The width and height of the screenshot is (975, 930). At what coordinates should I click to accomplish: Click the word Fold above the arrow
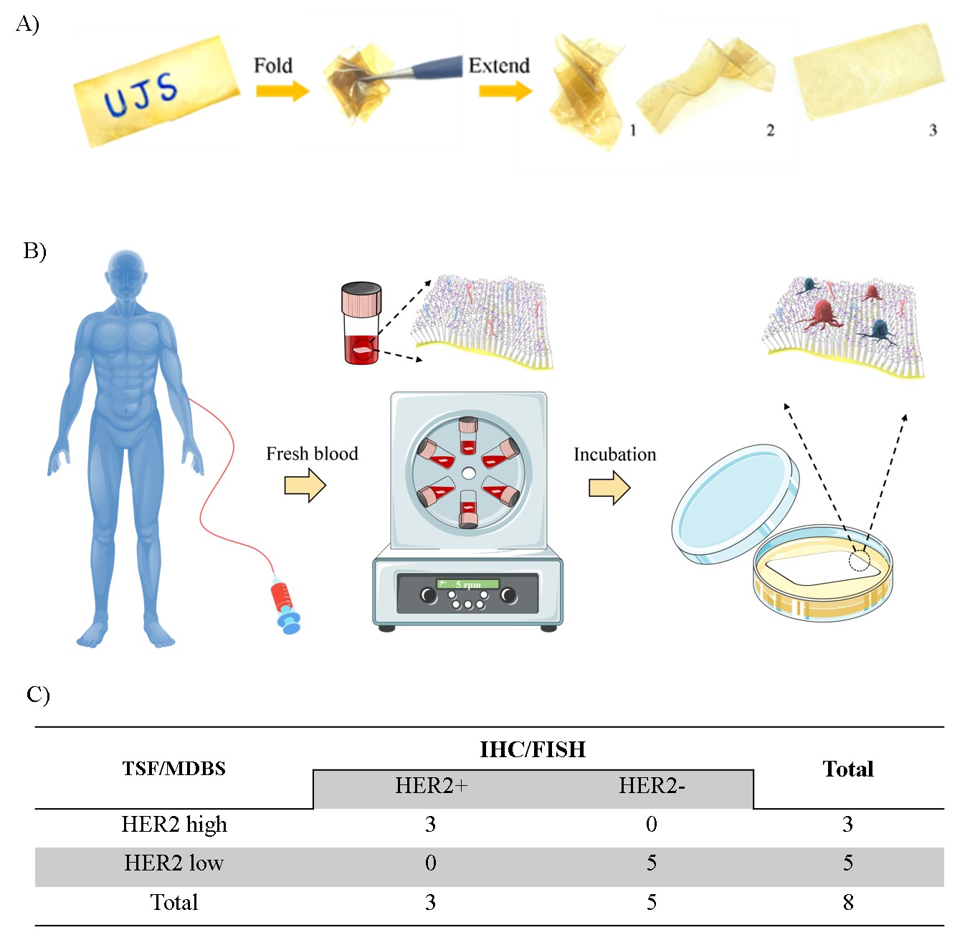pyautogui.click(x=273, y=66)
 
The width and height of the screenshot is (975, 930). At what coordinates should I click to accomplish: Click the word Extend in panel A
pyautogui.click(x=499, y=66)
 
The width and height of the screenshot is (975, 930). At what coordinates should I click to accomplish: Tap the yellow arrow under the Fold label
pyautogui.click(x=282, y=91)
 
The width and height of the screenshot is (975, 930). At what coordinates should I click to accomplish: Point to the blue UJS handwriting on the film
pyautogui.click(x=141, y=95)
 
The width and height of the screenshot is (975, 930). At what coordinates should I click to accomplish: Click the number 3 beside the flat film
pyautogui.click(x=933, y=131)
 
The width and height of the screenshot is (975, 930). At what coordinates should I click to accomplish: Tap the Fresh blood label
pyautogui.click(x=312, y=454)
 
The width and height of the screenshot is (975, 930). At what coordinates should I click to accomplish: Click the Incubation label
pyautogui.click(x=614, y=455)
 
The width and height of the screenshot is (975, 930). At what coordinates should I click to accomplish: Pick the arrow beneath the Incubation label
pyautogui.click(x=609, y=488)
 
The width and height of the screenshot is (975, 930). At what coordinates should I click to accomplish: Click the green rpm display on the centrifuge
pyautogui.click(x=468, y=584)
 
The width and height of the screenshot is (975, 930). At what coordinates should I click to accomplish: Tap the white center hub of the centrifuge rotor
pyautogui.click(x=468, y=473)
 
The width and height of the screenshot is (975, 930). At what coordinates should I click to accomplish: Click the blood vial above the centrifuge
pyautogui.click(x=362, y=323)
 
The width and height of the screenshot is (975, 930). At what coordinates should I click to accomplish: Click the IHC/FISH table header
pyautogui.click(x=533, y=750)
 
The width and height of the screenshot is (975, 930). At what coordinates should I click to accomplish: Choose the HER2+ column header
pyautogui.click(x=431, y=786)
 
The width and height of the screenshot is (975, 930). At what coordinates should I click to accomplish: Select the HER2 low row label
pyautogui.click(x=174, y=863)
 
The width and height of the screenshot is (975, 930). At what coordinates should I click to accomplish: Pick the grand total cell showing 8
pyautogui.click(x=848, y=902)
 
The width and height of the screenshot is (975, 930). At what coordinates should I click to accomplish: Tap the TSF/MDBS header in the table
pyautogui.click(x=174, y=769)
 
